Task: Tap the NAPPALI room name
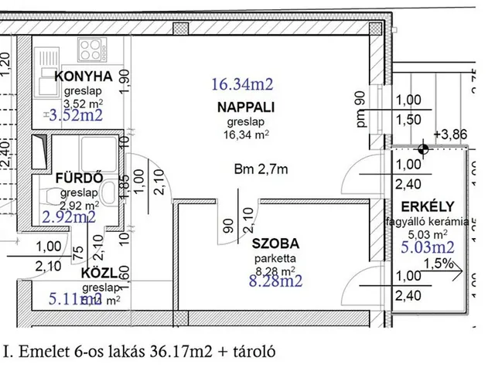pyautogui.click(x=248, y=107)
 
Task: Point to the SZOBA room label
pyautogui.click(x=275, y=243)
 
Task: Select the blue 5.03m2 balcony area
pyautogui.click(x=427, y=248)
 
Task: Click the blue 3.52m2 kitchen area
pyautogui.click(x=75, y=116)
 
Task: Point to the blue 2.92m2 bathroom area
pyautogui.click(x=70, y=217)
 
